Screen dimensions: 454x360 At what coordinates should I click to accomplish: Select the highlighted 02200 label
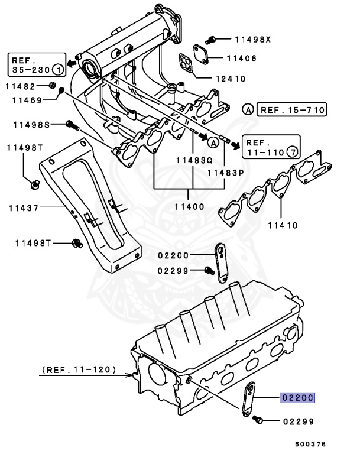pos(297,398)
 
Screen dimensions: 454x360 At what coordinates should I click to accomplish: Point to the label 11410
pos(283,225)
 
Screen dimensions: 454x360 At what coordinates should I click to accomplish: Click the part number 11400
pos(189,207)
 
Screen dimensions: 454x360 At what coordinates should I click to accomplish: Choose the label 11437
pos(23,207)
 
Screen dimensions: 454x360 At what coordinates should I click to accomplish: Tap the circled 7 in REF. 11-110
pos(290,152)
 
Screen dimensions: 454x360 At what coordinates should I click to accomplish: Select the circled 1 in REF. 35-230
pos(57,69)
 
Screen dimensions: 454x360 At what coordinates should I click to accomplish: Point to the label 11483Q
pos(189,160)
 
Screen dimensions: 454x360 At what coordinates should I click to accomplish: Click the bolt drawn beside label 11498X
pos(216,40)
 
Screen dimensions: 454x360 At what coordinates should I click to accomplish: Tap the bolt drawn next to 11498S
pos(73,125)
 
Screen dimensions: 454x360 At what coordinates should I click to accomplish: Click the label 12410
pos(230,79)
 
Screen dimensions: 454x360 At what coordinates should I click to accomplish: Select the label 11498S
pos(28,125)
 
